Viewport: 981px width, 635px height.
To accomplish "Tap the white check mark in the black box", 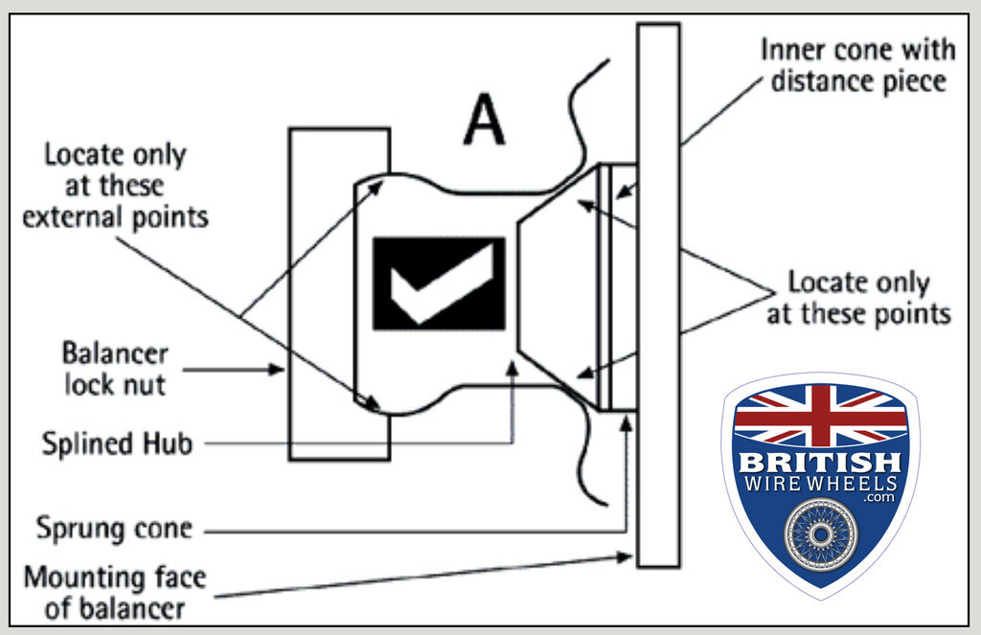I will coord(439,283).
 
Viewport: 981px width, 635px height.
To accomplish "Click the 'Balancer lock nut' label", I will coord(115,369).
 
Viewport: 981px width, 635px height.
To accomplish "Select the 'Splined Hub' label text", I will coord(117,444).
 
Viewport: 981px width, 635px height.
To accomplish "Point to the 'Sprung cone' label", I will coord(114,528).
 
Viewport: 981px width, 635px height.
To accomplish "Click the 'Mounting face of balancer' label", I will coord(114,593).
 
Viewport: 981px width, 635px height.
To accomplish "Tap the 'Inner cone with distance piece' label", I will coord(856,65).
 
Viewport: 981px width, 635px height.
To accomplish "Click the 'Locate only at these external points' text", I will coord(116,186).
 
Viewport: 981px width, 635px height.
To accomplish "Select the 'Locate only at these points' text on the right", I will coord(857,298).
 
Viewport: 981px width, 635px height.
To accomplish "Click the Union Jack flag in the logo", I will coord(820,415).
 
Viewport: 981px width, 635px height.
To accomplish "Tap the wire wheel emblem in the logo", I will coord(821,533).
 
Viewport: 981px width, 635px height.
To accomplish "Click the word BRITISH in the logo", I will coord(820,462).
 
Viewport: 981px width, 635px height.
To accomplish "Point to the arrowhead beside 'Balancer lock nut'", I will coord(281,369).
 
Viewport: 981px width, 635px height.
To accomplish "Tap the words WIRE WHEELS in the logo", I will coord(821,484).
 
